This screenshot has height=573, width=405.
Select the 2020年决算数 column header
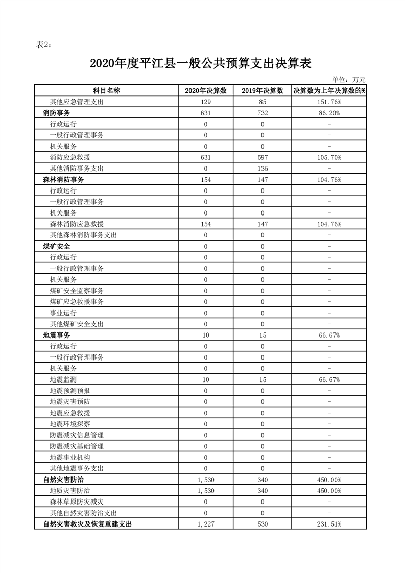coord(206,91)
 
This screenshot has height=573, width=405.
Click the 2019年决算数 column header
coord(263,91)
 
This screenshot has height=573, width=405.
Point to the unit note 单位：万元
coord(349,79)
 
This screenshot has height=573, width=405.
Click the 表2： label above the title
coord(44,45)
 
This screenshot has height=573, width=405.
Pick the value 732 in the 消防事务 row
coord(263,113)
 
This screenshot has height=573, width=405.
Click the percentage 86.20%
coord(329,113)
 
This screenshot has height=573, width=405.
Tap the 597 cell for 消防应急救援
coord(263,157)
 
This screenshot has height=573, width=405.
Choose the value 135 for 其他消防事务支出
coord(263,169)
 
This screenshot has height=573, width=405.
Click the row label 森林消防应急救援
coord(77,224)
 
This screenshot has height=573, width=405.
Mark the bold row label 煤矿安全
coord(57,246)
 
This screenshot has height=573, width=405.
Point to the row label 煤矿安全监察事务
coord(77,291)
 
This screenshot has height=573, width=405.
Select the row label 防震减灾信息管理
coord(77,435)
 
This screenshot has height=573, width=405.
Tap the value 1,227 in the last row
coord(206,524)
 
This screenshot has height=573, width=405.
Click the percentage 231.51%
coord(329,524)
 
